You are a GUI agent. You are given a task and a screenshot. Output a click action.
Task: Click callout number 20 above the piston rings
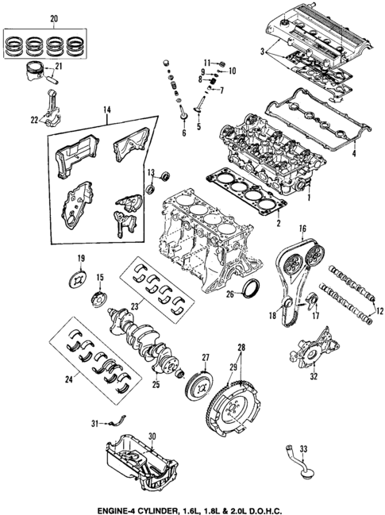[54, 18]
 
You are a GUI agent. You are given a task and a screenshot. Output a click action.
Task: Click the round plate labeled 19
[79, 278]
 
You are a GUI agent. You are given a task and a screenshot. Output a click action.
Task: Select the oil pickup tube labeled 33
[291, 464]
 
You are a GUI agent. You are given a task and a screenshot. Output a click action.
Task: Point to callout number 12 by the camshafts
[378, 309]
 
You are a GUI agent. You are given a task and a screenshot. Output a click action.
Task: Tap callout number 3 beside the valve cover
[262, 51]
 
